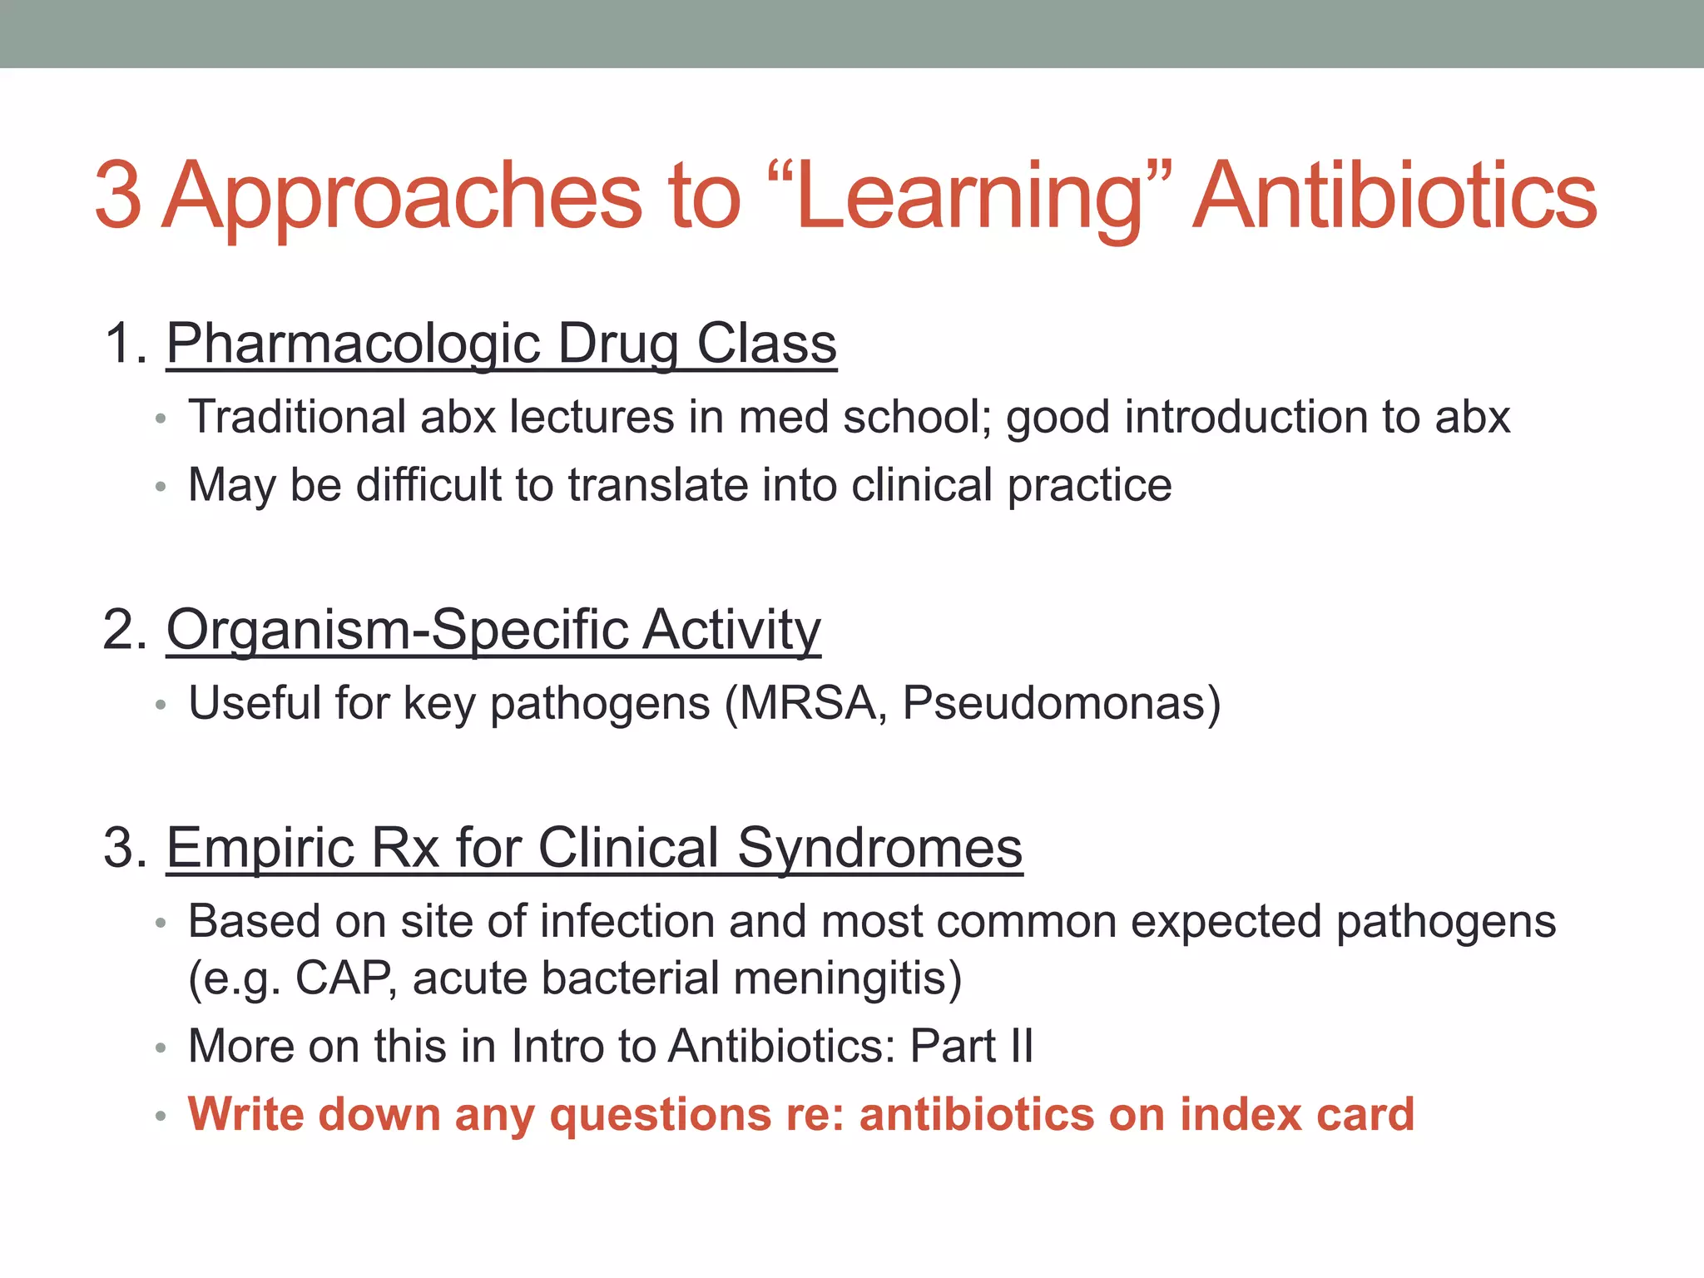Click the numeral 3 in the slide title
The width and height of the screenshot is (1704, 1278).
tap(118, 196)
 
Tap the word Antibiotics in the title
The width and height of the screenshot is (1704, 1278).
tap(1394, 196)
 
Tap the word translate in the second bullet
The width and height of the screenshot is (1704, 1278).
tap(657, 485)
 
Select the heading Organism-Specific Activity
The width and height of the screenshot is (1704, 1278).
tap(493, 630)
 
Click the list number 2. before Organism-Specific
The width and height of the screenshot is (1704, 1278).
tap(125, 630)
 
